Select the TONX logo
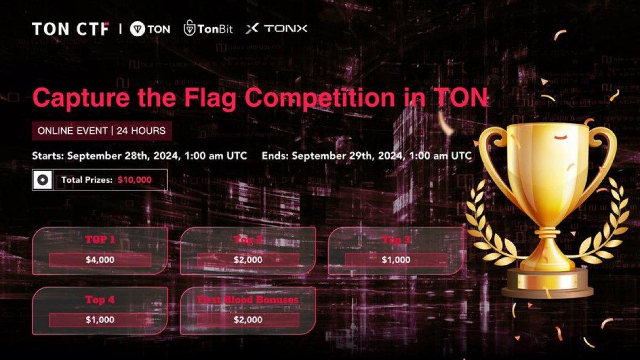click(x=276, y=29)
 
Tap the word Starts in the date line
click(x=49, y=156)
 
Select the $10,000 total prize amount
click(x=135, y=180)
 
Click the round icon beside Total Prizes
click(x=42, y=180)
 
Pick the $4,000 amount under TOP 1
click(x=100, y=260)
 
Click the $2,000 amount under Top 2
click(x=248, y=260)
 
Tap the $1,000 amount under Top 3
click(x=396, y=260)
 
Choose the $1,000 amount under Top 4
click(x=100, y=319)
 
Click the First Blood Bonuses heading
click(x=248, y=300)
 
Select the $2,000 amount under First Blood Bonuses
click(x=248, y=319)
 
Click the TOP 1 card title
click(x=100, y=240)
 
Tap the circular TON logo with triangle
click(x=138, y=29)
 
